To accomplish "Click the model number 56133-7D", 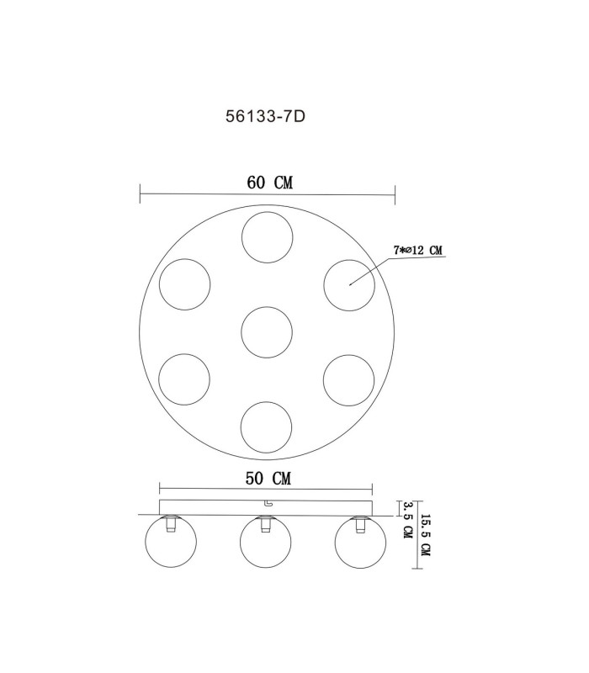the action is tap(265, 116).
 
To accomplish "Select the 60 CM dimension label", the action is tap(269, 183).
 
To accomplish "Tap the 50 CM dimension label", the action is tap(268, 478).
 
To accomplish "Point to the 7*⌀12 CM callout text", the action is tap(417, 250).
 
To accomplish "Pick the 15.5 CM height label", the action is tap(425, 535).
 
